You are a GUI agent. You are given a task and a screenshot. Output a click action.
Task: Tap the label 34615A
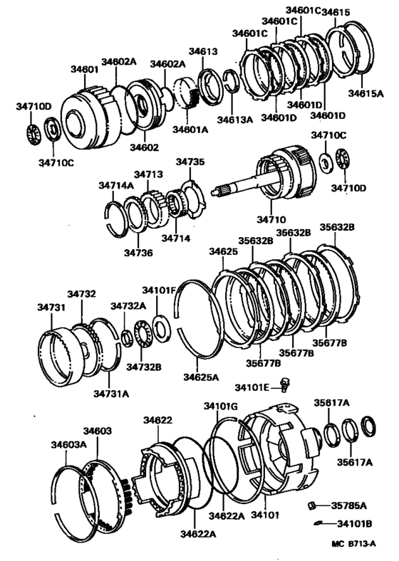(x=366, y=93)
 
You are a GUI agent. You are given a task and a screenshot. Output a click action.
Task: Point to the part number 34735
(x=190, y=162)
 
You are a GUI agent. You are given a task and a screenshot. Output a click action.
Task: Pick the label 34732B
(x=144, y=367)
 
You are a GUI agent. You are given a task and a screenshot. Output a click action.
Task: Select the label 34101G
(x=220, y=406)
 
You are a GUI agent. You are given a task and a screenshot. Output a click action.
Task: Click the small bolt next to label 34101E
(x=285, y=384)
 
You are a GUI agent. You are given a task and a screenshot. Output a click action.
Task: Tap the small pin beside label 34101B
(x=318, y=525)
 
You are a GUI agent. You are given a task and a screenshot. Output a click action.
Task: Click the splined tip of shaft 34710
(x=222, y=189)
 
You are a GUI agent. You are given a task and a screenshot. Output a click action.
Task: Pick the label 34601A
(x=191, y=130)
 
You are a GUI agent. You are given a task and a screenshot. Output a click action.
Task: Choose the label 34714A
(x=115, y=185)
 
